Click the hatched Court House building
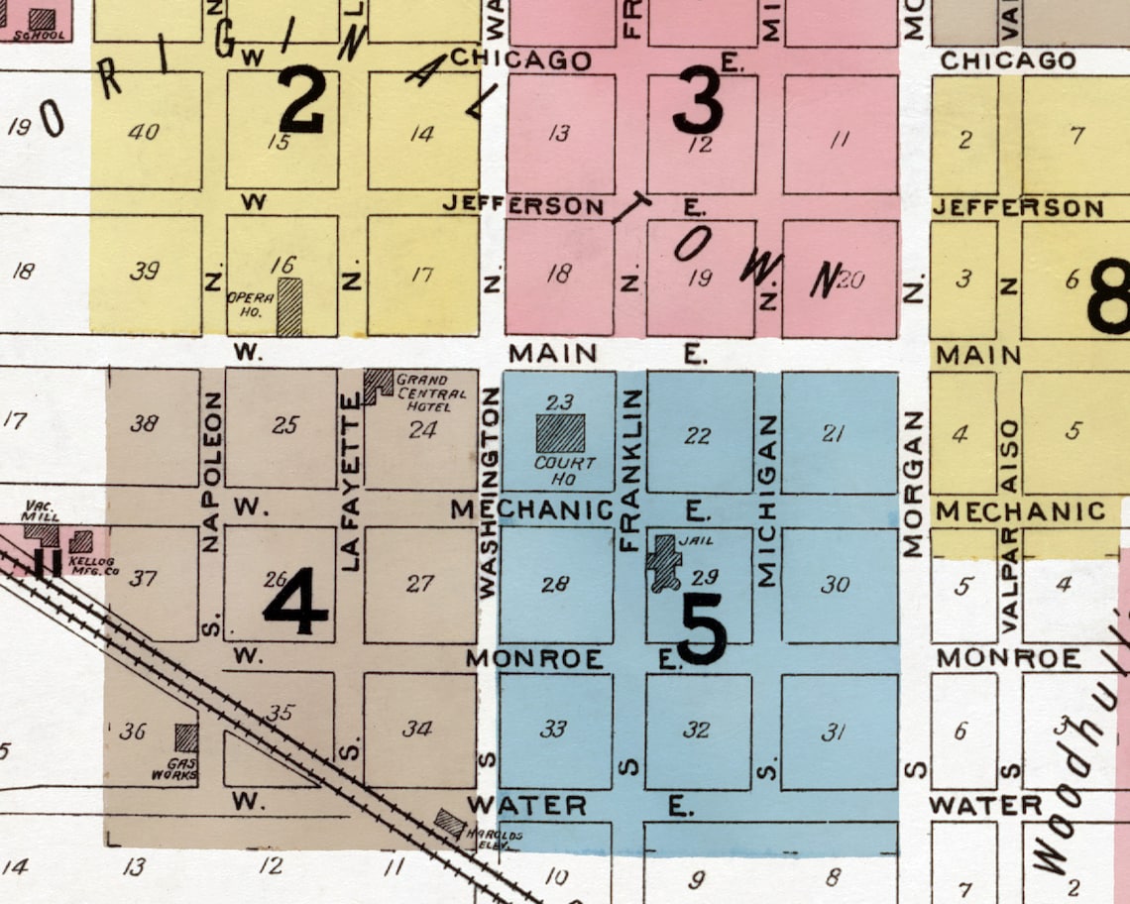[x=560, y=433]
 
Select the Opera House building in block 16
[x=288, y=306]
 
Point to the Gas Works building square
[x=185, y=737]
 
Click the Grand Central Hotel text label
[x=423, y=393]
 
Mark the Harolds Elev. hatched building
[x=451, y=823]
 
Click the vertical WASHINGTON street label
[x=488, y=493]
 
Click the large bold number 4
[x=294, y=602]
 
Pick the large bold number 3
[x=698, y=106]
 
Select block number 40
[x=144, y=131]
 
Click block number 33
[x=553, y=730]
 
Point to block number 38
[x=144, y=423]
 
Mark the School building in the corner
[x=42, y=19]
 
